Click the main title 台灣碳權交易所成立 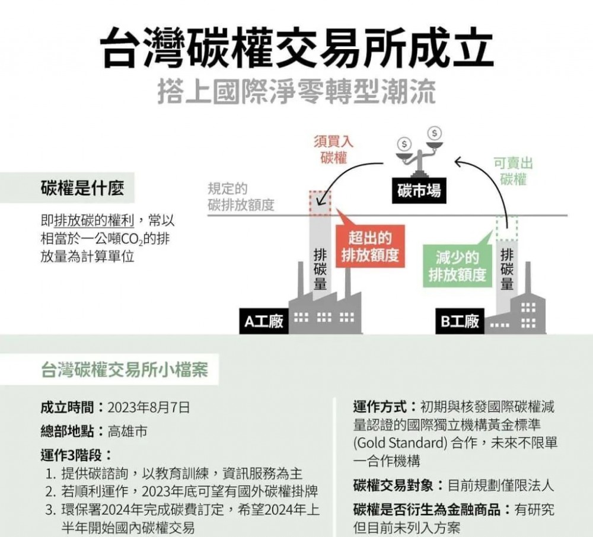pyautogui.click(x=297, y=48)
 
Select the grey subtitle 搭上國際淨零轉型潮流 pyautogui.click(x=297, y=91)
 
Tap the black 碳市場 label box pyautogui.click(x=419, y=190)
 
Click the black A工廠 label pyautogui.click(x=264, y=321)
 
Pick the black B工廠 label pyautogui.click(x=460, y=321)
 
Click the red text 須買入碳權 pyautogui.click(x=333, y=149)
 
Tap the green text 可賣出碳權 pyautogui.click(x=513, y=171)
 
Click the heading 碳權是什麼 pyautogui.click(x=82, y=188)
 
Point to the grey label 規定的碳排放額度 pyautogui.click(x=241, y=197)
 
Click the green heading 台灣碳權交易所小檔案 pyautogui.click(x=125, y=370)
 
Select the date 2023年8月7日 pyautogui.click(x=149, y=408)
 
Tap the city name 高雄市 pyautogui.click(x=127, y=431)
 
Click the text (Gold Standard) pyautogui.click(x=401, y=443)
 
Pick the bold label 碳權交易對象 pyautogui.click(x=393, y=485)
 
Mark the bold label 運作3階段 pyautogui.click(x=71, y=455)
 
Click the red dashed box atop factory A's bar pyautogui.click(x=320, y=203)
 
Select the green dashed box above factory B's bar pyautogui.click(x=507, y=228)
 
